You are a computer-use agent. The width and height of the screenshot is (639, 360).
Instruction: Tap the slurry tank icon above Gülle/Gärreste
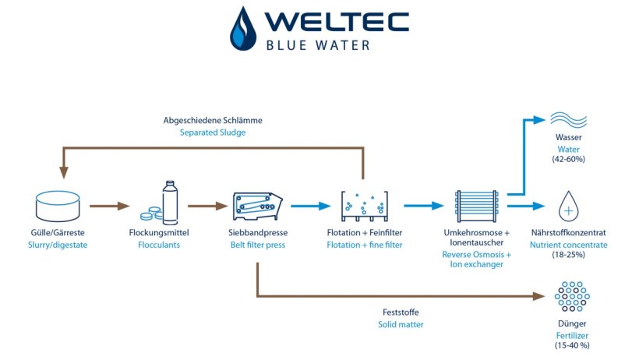coord(58,206)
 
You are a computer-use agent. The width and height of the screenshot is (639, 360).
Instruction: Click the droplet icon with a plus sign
coord(570,208)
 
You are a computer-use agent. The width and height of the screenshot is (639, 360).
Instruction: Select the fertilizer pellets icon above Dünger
coord(570,298)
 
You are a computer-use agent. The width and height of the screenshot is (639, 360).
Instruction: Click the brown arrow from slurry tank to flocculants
coord(108,206)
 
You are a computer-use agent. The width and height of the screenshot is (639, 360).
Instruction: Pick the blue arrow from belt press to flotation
coord(309,206)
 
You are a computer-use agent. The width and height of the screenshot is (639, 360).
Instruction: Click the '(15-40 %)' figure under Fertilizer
coord(570,345)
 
